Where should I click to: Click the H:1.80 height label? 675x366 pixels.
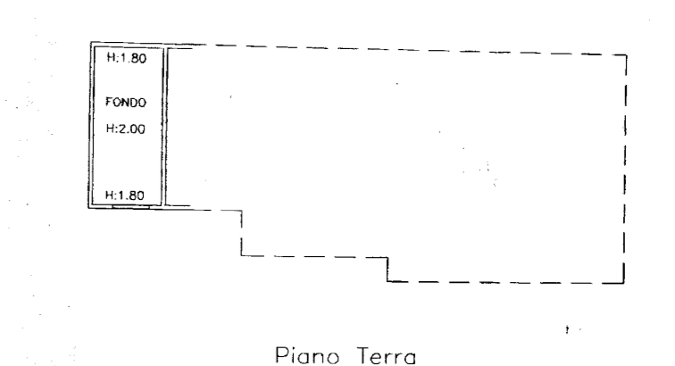pos(125,59)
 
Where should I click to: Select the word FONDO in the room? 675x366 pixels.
pos(125,103)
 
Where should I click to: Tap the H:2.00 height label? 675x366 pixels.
pos(125,129)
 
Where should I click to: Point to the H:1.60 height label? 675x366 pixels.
pos(125,195)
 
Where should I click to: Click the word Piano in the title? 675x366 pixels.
pos(306,356)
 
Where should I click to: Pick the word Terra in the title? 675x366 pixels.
pos(386,356)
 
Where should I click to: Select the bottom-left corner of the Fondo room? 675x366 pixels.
pos(89,208)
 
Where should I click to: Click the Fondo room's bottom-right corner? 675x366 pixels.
pos(166,208)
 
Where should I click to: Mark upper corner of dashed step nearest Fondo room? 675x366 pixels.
pos(241,211)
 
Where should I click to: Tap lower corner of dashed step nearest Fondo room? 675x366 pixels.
pos(241,255)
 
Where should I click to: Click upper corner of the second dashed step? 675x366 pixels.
pos(387,255)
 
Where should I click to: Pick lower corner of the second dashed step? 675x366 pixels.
pos(387,281)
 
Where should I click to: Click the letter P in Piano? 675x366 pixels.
pos(280,356)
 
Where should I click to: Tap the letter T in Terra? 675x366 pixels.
pos(362,356)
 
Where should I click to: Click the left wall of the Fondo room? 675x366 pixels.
pos(89,125)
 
